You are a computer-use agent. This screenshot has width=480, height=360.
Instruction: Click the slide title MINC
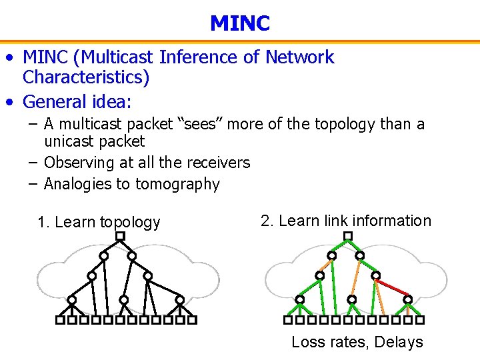point(239,24)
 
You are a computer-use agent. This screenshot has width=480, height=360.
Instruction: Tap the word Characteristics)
point(86,78)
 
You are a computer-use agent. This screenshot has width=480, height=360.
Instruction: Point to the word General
point(53,102)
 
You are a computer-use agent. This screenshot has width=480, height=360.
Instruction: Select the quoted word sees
point(202,125)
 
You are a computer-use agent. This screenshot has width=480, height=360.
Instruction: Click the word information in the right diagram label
point(391,221)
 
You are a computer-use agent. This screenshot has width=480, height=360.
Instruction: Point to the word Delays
point(399,343)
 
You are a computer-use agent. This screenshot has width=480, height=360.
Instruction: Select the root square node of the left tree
point(120,236)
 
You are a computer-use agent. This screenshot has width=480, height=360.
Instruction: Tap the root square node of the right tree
point(347,236)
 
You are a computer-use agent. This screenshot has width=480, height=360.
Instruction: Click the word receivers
point(219,163)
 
